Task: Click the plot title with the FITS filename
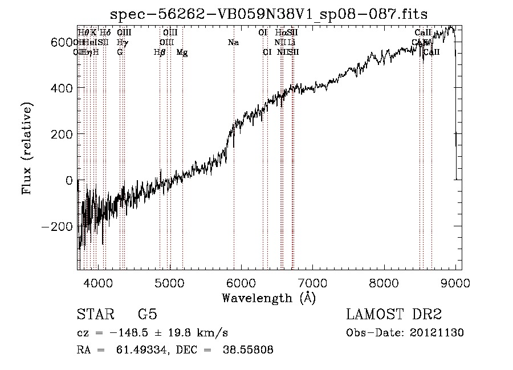(x=268, y=14)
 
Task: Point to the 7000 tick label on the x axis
(x=312, y=282)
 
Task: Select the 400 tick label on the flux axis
(x=62, y=88)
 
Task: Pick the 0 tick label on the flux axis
(x=68, y=180)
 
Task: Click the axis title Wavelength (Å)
(x=268, y=298)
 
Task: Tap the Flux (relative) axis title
(x=27, y=148)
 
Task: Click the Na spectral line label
(x=233, y=42)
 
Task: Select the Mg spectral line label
(x=182, y=52)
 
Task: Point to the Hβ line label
(x=160, y=52)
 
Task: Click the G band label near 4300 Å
(x=120, y=52)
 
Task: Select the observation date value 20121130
(x=436, y=333)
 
